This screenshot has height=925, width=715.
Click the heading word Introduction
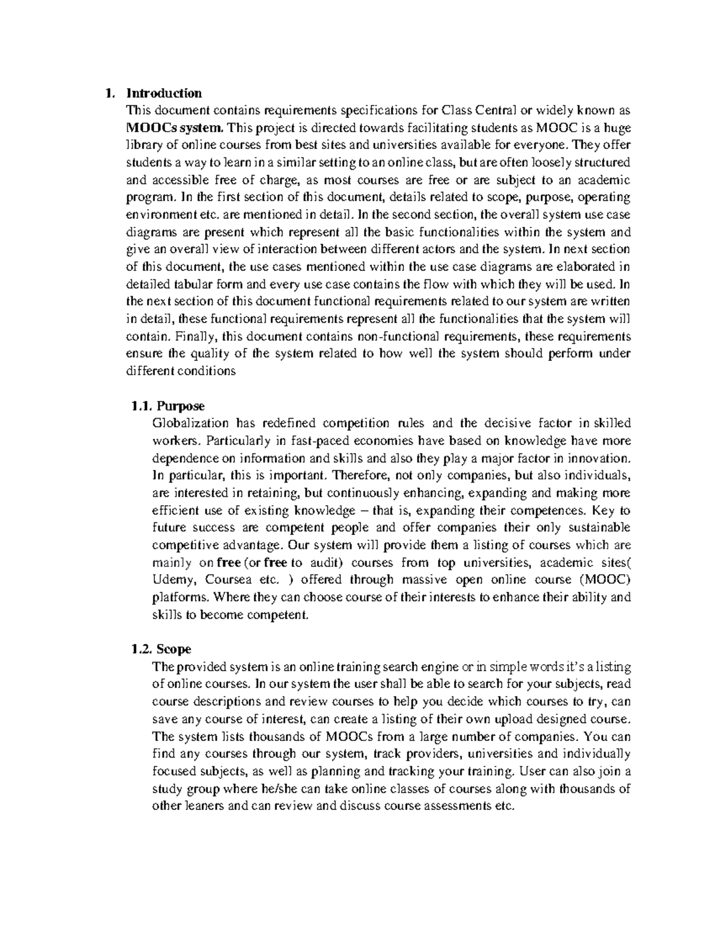coord(164,93)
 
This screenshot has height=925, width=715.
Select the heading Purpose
coord(181,406)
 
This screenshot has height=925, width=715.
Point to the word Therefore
coord(357,476)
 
